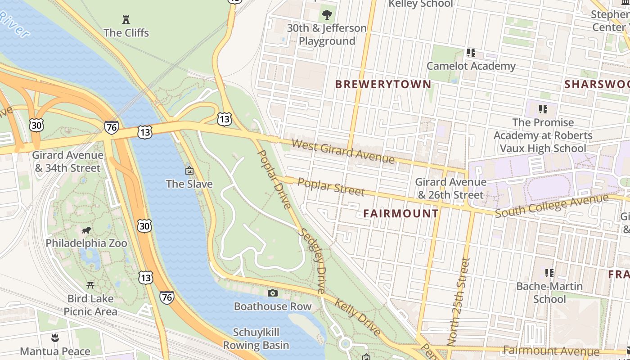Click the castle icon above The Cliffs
pos(126,19)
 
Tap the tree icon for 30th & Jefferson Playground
pos(327,14)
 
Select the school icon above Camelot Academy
pos(471,53)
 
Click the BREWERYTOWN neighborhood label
pos(383,84)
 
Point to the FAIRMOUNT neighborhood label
pos(400,213)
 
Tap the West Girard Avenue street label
pos(343,151)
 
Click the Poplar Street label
pos(331,187)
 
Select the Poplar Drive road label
pos(274,179)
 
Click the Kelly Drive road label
pos(357,317)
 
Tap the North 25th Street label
pos(459,301)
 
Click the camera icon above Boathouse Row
pos(272,293)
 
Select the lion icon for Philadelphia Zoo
pos(86,230)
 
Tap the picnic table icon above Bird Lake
pos(90,286)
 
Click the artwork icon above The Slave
pos(189,171)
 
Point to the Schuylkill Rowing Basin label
pos(256,339)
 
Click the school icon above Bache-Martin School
pos(549,273)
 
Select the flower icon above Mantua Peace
pos(55,338)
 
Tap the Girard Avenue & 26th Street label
pos(450,189)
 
